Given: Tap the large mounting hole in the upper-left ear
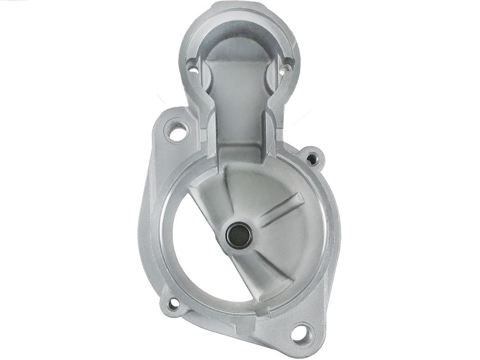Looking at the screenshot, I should click(x=177, y=132).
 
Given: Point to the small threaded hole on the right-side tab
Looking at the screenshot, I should click(x=312, y=157).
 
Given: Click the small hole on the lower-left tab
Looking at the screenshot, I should click(x=173, y=304).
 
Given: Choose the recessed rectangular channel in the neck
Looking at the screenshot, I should click(x=240, y=107).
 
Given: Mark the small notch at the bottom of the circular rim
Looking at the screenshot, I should click(x=249, y=307).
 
